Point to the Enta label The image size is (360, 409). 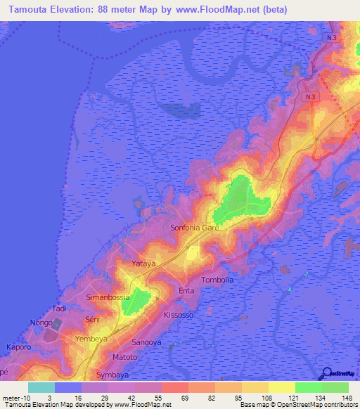[186, 290]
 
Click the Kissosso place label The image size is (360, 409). [179, 315]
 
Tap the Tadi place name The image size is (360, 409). [59, 309]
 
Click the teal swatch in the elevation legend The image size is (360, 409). [41, 387]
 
